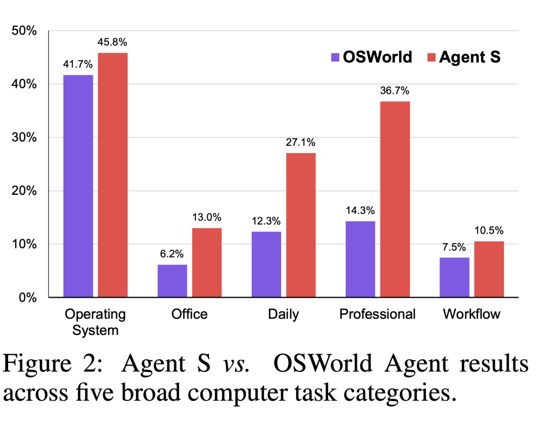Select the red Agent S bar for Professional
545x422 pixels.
coord(395,199)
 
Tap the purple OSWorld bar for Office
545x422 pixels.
coord(172,281)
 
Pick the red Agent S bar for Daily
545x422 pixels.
coord(301,225)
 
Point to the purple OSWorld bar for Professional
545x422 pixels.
coord(360,259)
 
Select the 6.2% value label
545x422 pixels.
coord(172,254)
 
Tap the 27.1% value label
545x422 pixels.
coord(301,143)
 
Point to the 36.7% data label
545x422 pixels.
coord(395,91)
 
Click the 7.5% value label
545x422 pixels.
coord(454,247)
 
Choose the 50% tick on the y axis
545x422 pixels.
coord(24,31)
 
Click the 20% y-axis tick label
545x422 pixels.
coord(24,191)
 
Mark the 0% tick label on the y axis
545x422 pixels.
coord(27,297)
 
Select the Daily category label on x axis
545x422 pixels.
coord(283,314)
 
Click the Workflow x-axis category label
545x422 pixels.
coord(471,314)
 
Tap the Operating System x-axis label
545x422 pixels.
coord(95,322)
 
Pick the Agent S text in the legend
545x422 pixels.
coord(469,57)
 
